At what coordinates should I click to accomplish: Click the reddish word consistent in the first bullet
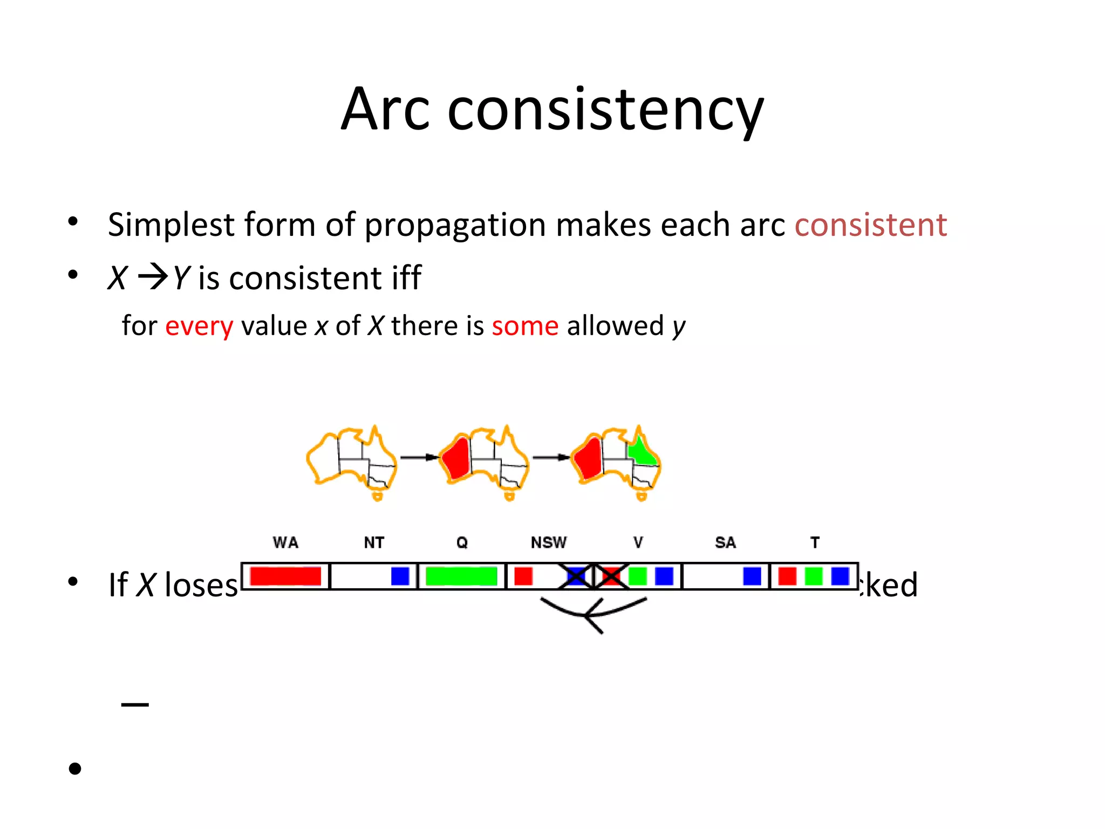(x=870, y=225)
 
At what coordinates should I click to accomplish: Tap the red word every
(x=199, y=326)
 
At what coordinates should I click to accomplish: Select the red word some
(x=524, y=326)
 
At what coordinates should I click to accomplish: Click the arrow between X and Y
(x=153, y=277)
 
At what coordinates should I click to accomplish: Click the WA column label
(x=285, y=542)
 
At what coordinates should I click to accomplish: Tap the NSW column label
(x=549, y=542)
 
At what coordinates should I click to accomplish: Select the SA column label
(x=725, y=542)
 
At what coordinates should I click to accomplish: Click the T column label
(x=815, y=542)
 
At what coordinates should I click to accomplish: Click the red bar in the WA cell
(x=285, y=576)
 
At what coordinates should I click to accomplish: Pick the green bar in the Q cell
(x=461, y=576)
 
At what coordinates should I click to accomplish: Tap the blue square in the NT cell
(x=400, y=576)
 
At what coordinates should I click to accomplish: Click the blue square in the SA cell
(x=752, y=576)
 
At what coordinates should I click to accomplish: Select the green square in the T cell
(x=813, y=576)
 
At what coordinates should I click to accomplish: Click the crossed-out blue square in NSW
(x=576, y=576)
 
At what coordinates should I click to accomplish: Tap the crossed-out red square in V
(x=611, y=576)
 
